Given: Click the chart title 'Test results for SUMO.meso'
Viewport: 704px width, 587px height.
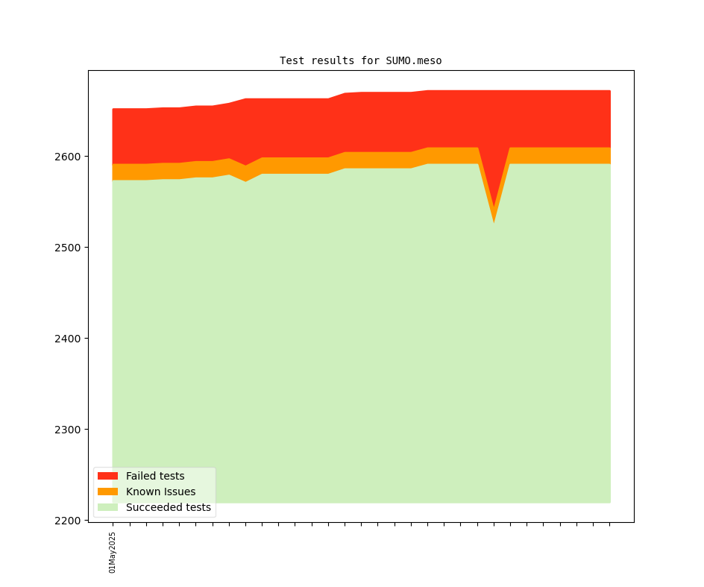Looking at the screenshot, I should (360, 60).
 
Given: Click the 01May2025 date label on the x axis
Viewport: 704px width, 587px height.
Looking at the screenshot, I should (113, 552).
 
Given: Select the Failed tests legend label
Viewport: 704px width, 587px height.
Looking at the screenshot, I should (155, 476).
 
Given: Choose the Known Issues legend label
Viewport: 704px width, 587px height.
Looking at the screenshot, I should (160, 492).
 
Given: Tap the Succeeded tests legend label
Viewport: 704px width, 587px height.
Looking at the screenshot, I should (168, 507).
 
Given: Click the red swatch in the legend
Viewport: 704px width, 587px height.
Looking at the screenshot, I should (107, 476).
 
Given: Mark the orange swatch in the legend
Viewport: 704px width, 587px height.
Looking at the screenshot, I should (107, 492).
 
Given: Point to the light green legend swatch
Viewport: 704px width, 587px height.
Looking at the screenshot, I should (107, 507).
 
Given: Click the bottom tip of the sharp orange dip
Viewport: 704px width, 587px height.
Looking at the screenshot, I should (494, 222).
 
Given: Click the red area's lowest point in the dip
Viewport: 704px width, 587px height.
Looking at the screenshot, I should (494, 207).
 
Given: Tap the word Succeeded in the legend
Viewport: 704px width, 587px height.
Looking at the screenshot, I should (153, 507).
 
